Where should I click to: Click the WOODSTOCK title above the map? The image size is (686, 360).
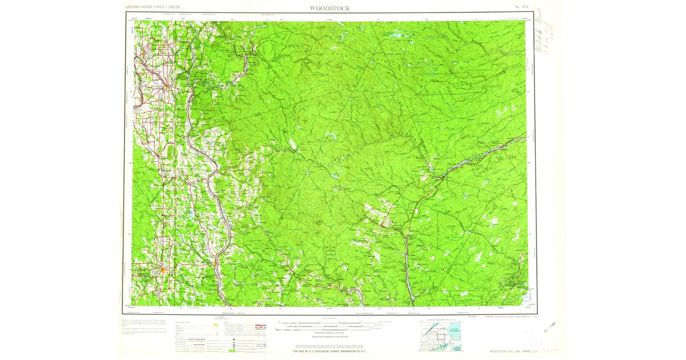(330, 8)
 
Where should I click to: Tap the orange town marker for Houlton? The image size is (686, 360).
(163, 270)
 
